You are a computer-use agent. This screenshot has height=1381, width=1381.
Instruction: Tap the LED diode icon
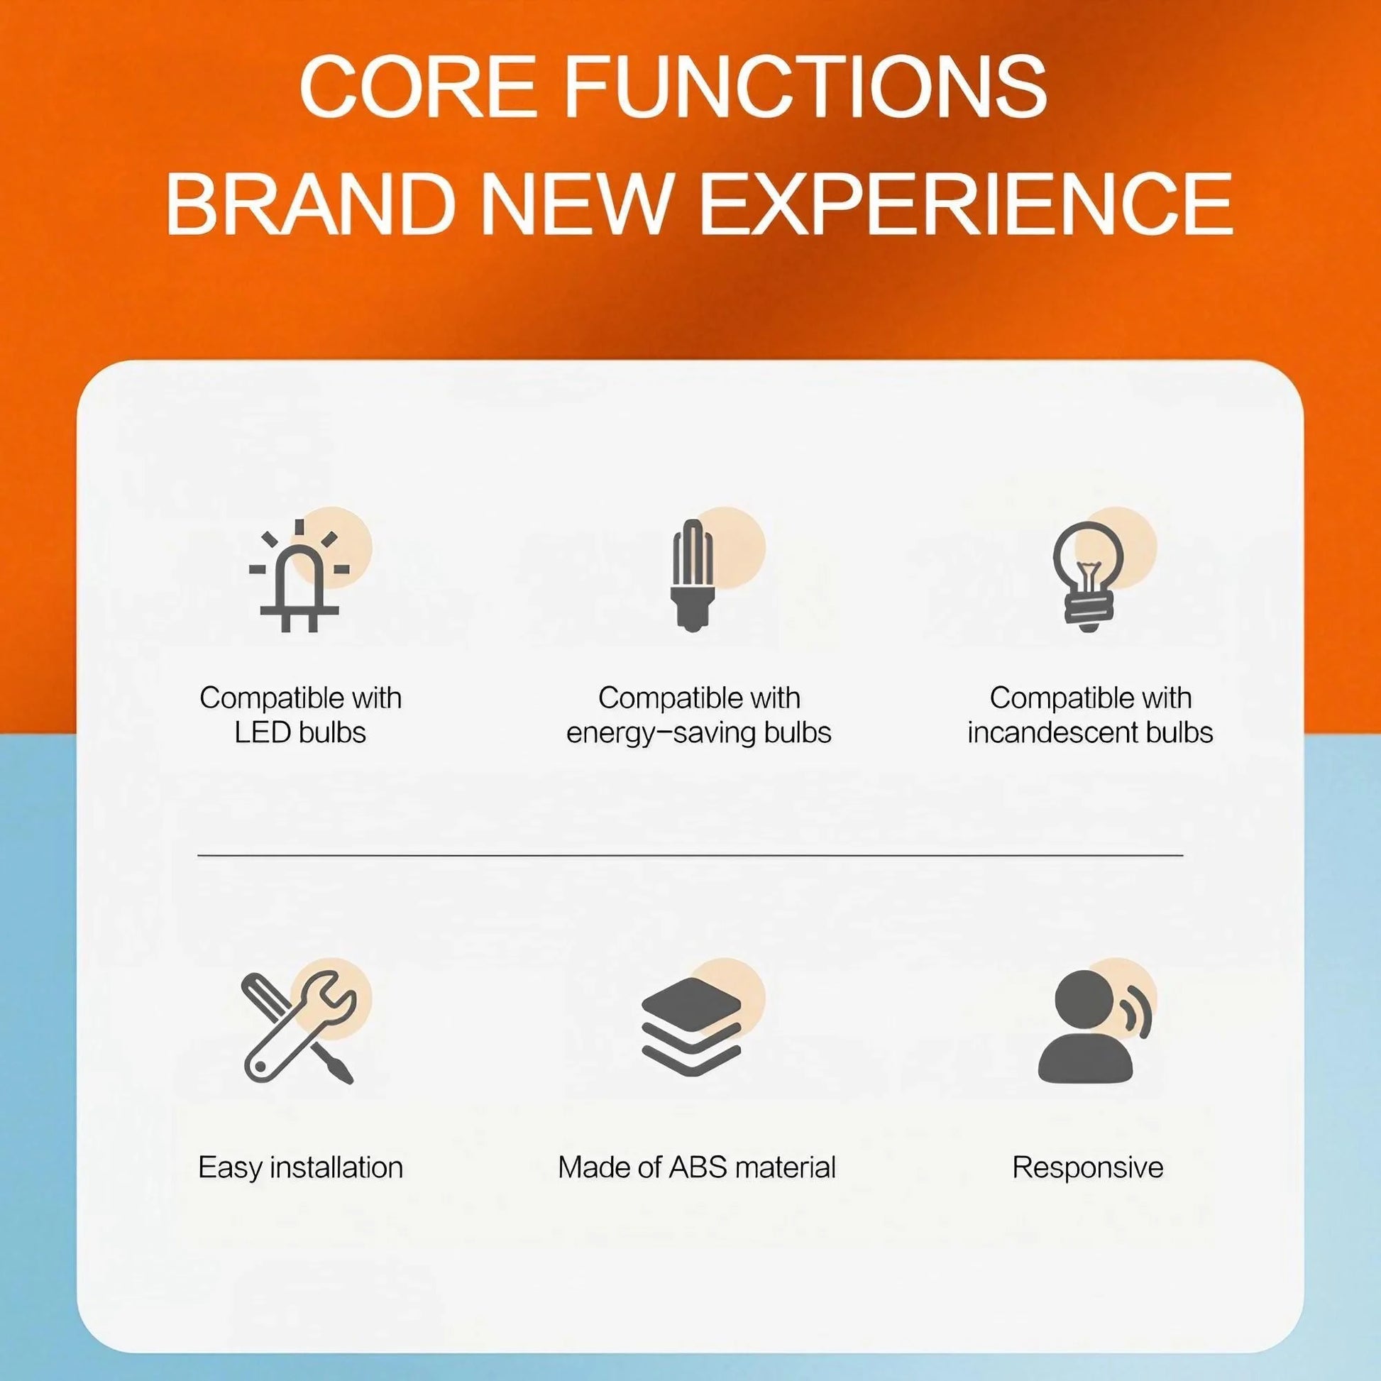click(x=300, y=576)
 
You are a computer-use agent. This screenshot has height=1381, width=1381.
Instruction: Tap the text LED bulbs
click(x=300, y=732)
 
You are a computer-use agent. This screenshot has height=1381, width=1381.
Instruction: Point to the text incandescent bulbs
click(x=1090, y=732)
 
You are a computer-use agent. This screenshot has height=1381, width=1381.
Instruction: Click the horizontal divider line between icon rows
click(x=690, y=854)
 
